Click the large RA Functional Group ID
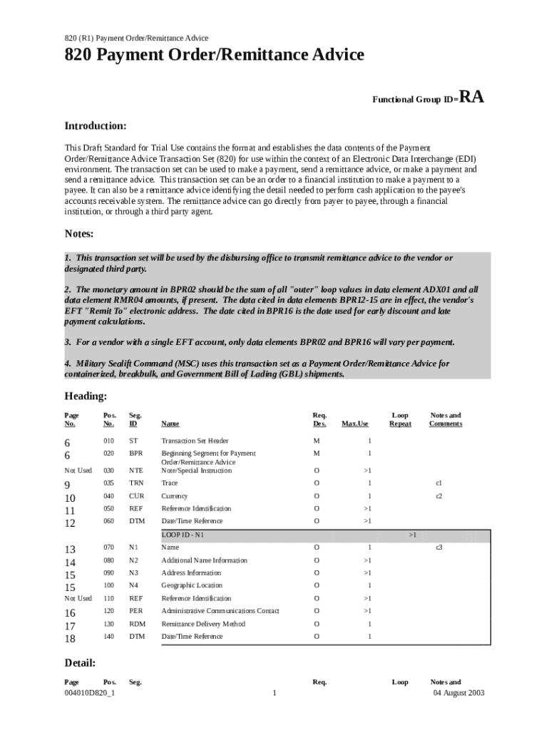471,97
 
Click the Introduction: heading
96,126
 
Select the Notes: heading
79,234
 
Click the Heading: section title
86,396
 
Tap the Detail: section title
80,663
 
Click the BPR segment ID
135,453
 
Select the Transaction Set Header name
194,441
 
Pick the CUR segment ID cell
136,495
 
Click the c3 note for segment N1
439,547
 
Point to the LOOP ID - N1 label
187,534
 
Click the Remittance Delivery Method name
203,624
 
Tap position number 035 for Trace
108,483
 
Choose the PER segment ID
135,611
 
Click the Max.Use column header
355,424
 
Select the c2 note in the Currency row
439,495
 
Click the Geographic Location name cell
191,585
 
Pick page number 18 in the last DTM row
70,638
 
